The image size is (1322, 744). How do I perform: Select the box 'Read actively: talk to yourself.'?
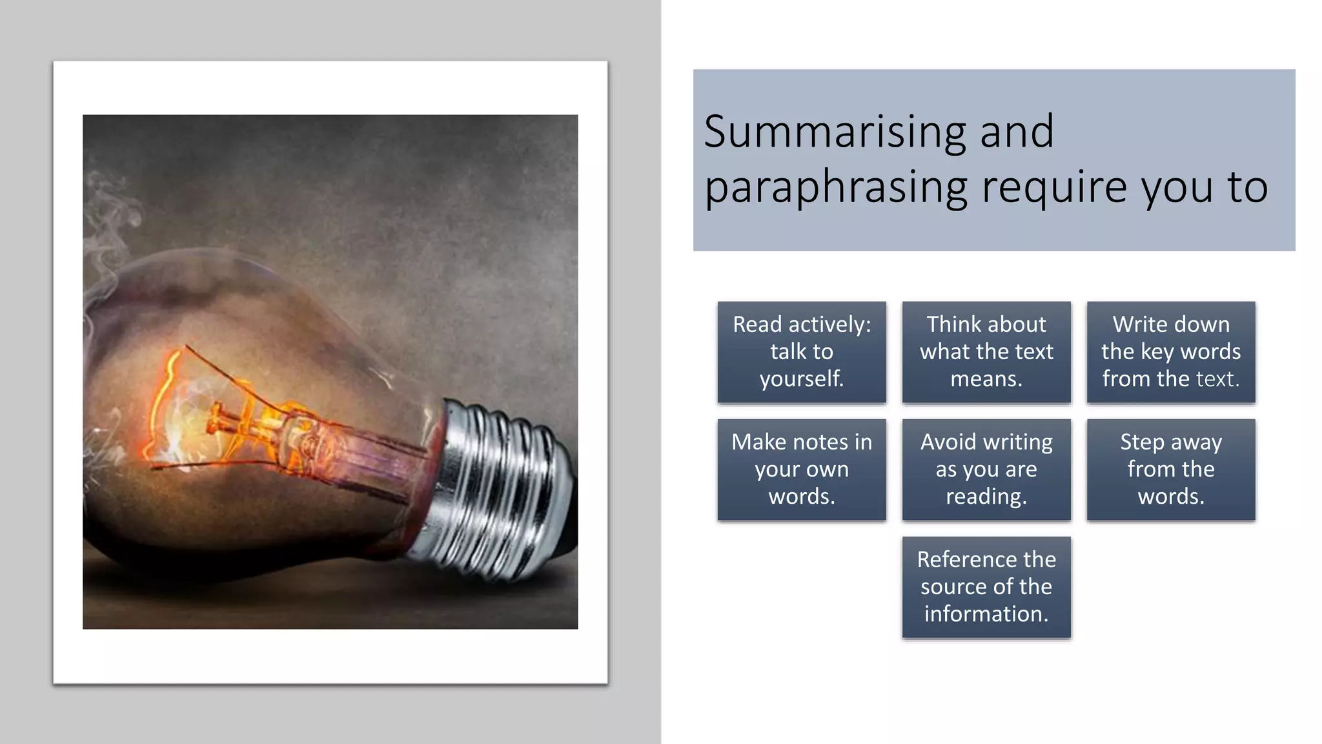tap(802, 352)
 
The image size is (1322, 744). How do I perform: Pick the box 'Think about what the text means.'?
tap(986, 352)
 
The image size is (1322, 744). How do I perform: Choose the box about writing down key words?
tap(1171, 352)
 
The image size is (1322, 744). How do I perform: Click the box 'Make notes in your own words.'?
tap(802, 470)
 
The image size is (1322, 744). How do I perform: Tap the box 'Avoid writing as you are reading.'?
tap(986, 470)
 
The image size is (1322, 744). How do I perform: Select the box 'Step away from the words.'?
tap(1171, 470)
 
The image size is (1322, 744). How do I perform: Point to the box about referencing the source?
tap(986, 587)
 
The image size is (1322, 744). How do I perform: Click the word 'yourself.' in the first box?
tap(802, 379)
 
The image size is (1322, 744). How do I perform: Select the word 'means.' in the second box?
tap(986, 379)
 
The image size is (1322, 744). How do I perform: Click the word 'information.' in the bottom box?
tap(986, 614)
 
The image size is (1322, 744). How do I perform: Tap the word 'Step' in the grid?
tap(1142, 442)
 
